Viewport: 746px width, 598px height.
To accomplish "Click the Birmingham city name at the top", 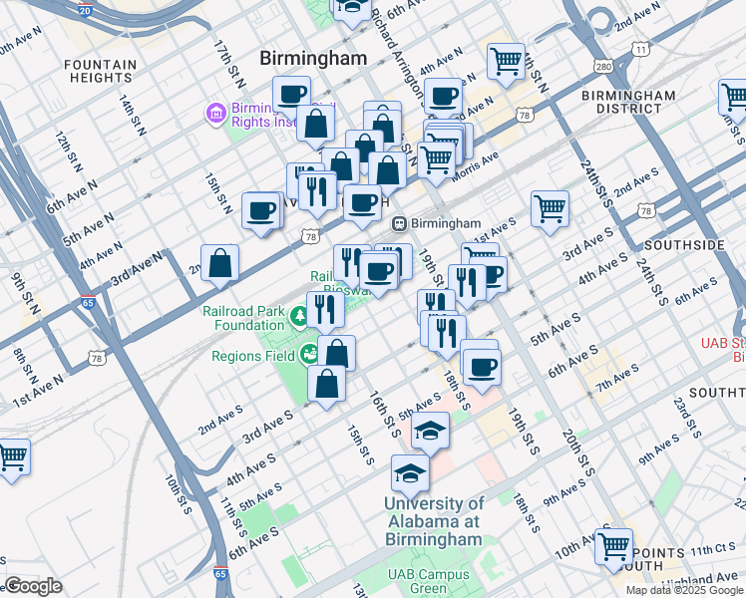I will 313,59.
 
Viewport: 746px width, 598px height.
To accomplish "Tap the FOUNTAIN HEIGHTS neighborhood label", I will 100,72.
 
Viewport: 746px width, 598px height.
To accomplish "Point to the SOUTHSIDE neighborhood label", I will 684,244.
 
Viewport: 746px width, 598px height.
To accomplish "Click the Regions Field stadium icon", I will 309,354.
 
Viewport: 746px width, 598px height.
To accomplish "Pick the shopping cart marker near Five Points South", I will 613,546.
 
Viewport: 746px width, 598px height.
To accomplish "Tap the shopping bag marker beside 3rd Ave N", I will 220,264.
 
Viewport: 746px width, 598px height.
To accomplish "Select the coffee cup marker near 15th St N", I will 261,211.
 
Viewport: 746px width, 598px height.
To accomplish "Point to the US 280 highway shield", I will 602,67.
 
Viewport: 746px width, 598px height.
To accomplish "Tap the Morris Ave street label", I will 476,159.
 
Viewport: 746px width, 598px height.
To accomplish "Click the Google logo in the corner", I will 33,586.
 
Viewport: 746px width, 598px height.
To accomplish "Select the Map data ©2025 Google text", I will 683,590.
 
